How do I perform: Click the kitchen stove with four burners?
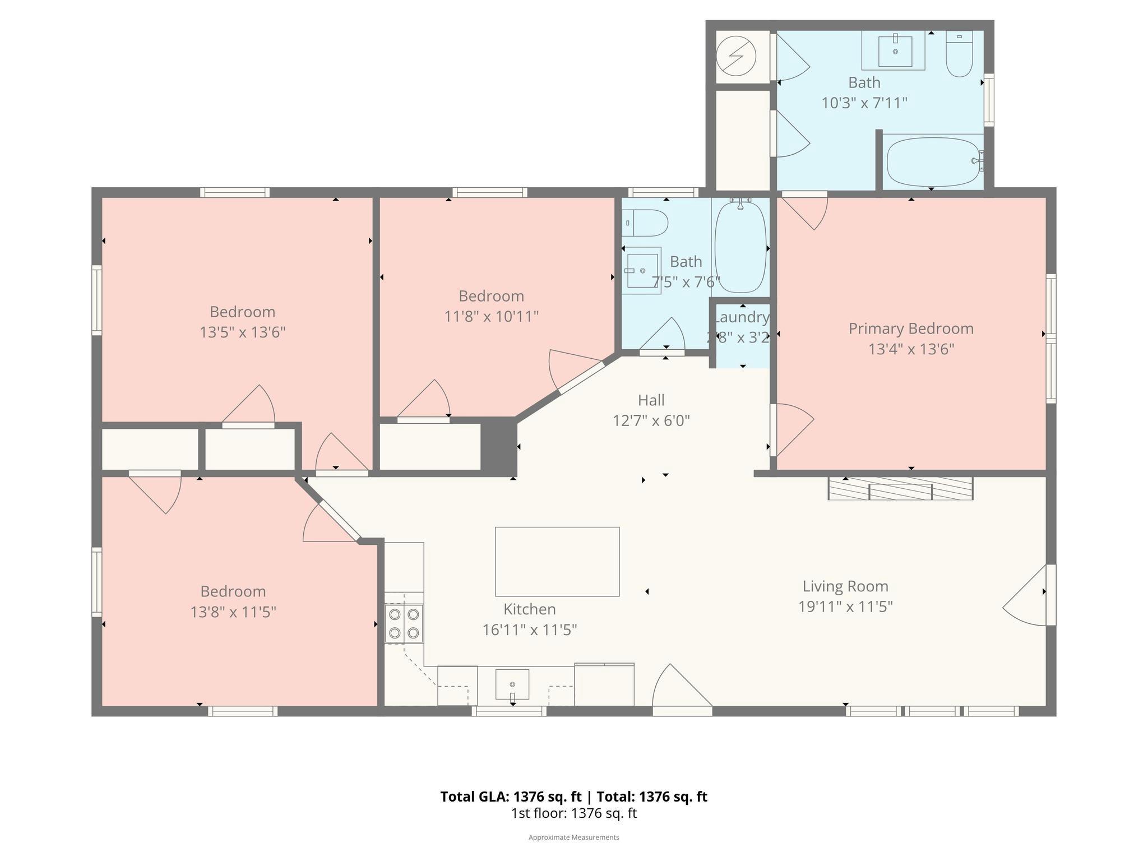pyautogui.click(x=404, y=623)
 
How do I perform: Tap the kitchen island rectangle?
pyautogui.click(x=557, y=561)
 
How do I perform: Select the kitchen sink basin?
pyautogui.click(x=512, y=684)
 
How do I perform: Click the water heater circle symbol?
pyautogui.click(x=737, y=56)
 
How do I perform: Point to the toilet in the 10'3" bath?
pyautogui.click(x=959, y=54)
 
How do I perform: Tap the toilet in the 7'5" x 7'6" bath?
pyautogui.click(x=646, y=223)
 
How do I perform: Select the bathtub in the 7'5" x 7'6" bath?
pyautogui.click(x=740, y=247)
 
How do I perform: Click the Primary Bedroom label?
pyautogui.click(x=910, y=328)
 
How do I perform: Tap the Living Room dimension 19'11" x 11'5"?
pyautogui.click(x=845, y=607)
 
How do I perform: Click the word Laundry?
pyautogui.click(x=741, y=317)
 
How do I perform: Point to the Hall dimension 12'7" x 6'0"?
pyautogui.click(x=651, y=420)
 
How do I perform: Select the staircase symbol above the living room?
pyautogui.click(x=900, y=488)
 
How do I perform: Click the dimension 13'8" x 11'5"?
pyautogui.click(x=233, y=612)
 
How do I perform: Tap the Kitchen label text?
pyautogui.click(x=529, y=609)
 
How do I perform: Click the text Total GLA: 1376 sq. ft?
pyautogui.click(x=511, y=797)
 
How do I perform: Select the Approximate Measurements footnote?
pyautogui.click(x=573, y=837)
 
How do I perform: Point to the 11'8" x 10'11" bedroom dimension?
pyautogui.click(x=491, y=317)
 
